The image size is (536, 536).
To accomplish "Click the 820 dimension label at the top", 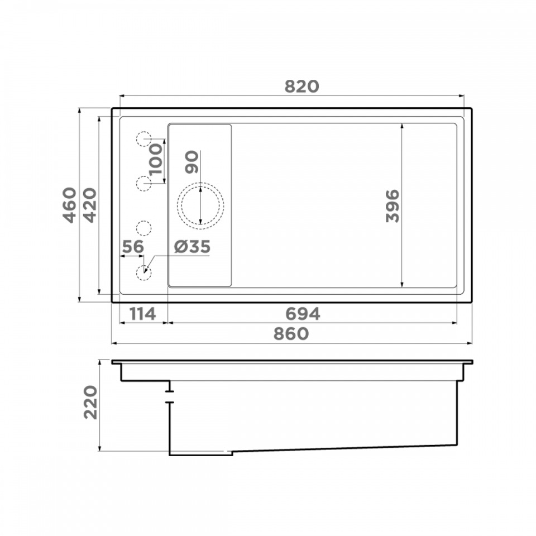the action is (x=301, y=87).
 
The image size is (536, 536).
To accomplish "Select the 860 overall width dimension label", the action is (x=291, y=334).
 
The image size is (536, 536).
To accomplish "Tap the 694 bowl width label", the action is (x=303, y=314).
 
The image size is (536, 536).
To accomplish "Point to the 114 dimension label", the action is (x=142, y=314).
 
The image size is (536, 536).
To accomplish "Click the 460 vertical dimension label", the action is (x=70, y=205).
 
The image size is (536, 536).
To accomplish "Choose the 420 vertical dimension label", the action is (x=90, y=205).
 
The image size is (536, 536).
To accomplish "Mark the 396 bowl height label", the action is (x=393, y=206).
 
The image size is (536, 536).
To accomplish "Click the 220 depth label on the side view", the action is (x=90, y=403).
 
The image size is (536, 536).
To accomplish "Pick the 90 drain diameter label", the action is (x=192, y=162).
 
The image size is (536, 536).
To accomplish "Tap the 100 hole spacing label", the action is (x=156, y=159).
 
